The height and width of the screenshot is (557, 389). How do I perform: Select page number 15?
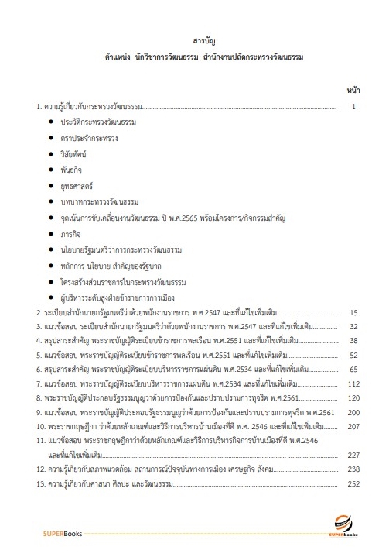[x=353, y=313]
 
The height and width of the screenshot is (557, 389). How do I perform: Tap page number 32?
[x=353, y=327]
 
